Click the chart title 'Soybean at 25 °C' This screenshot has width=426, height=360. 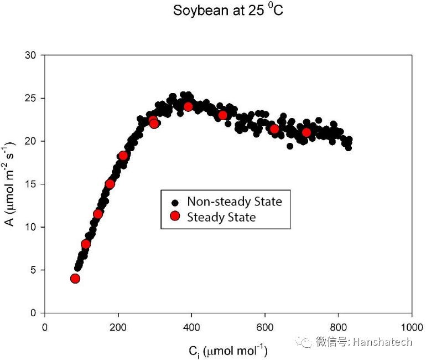pyautogui.click(x=228, y=11)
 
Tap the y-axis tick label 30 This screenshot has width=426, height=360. pyautogui.click(x=33, y=55)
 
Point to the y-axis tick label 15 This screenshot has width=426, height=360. pyautogui.click(x=33, y=184)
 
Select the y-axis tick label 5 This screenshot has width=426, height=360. pyautogui.click(x=35, y=270)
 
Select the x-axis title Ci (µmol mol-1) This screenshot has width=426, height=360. pyautogui.click(x=227, y=351)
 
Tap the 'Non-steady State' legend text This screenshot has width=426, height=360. pyautogui.click(x=234, y=202)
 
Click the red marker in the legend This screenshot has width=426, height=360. pyautogui.click(x=175, y=217)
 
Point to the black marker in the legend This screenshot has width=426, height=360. pyautogui.click(x=175, y=202)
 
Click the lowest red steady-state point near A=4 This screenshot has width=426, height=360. pyautogui.click(x=75, y=279)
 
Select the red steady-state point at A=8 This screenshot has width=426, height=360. pyautogui.click(x=86, y=244)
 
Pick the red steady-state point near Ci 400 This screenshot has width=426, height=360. pyautogui.click(x=188, y=106)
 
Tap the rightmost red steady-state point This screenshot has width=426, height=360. pyautogui.click(x=306, y=132)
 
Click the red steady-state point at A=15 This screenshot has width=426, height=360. pyautogui.click(x=110, y=184)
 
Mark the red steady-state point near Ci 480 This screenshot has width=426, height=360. pyautogui.click(x=223, y=115)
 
